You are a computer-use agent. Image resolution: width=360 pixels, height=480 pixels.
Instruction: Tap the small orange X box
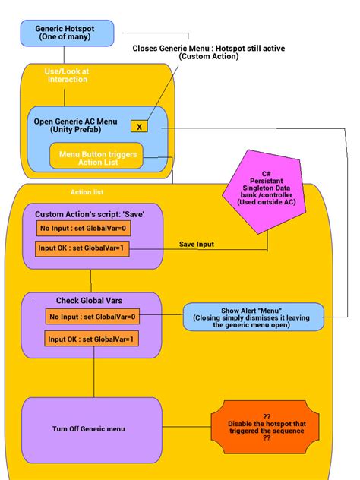139,126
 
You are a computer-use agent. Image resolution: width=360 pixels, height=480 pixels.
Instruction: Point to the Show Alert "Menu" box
253,316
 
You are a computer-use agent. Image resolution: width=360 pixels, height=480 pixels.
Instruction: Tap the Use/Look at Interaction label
68,74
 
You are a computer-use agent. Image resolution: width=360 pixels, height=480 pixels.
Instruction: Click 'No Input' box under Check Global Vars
92,317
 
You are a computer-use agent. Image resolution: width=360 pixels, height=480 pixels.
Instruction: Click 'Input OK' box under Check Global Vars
92,339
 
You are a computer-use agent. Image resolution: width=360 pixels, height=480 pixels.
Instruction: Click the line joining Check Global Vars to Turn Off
94,377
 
